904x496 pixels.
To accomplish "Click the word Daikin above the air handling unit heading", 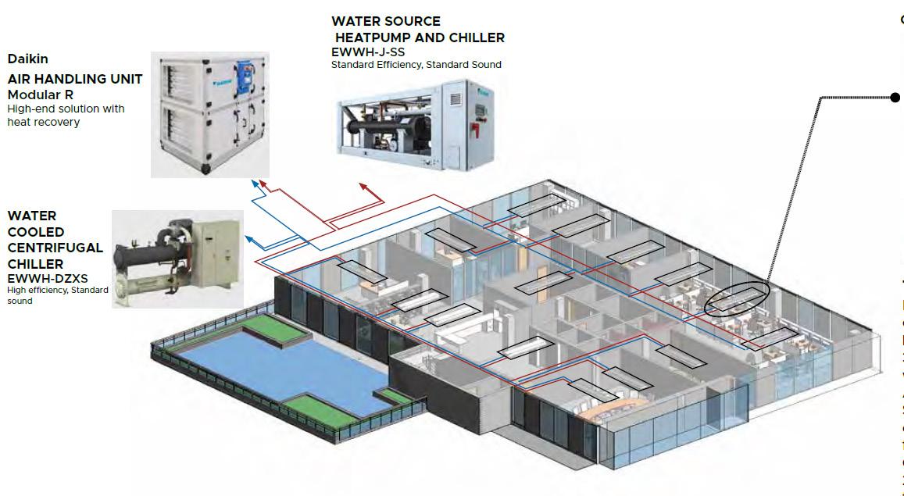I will [x=28, y=59].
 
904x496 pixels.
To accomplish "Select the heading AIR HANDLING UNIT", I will [x=75, y=79].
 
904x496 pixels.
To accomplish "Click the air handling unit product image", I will [x=209, y=114].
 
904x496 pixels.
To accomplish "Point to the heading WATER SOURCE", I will [x=386, y=21].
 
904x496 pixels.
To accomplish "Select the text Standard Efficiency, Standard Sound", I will [x=416, y=65].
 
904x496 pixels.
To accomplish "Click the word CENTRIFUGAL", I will [x=55, y=248].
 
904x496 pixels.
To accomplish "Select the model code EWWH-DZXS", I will [x=46, y=277].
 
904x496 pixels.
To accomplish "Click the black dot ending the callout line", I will [x=895, y=97].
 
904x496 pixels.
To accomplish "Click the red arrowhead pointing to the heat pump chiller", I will [x=363, y=187].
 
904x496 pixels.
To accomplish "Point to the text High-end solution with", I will [x=66, y=109].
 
